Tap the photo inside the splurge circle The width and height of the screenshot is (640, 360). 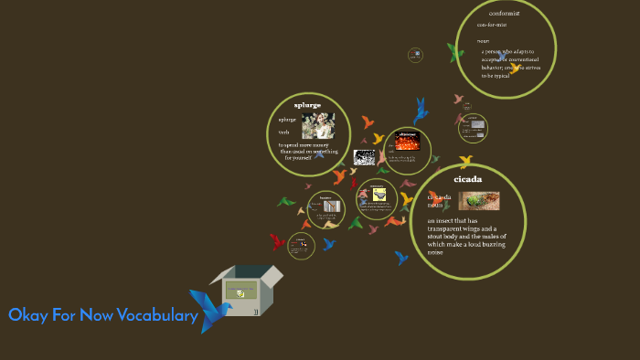pos(318,125)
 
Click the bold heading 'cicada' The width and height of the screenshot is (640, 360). pos(466,179)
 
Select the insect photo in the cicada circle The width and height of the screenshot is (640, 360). pos(479,201)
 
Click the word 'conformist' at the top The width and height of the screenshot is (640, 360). pos(505,13)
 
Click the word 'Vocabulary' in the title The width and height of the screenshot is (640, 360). pos(157,316)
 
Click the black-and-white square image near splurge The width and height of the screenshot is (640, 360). pos(364,157)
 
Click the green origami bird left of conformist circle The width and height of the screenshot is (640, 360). pos(454,52)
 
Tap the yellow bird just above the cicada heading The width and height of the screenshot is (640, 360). pos(465,162)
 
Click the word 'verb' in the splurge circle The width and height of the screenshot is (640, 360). pos(283,132)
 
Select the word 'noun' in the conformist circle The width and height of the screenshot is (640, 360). pos(483,41)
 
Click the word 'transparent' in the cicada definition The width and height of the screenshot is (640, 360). pos(451,228)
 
